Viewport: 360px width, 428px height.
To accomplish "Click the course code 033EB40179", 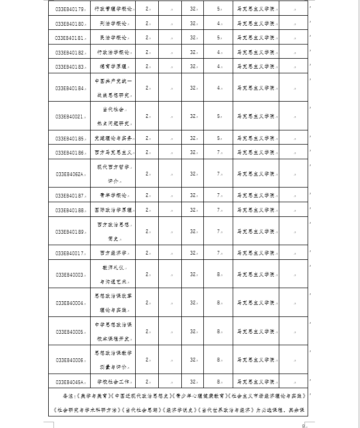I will (x=69, y=9).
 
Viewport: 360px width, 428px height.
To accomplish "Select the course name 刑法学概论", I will (x=113, y=24).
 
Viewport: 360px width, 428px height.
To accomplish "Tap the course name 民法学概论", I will (x=113, y=38).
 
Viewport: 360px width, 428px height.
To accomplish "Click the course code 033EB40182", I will (x=69, y=52).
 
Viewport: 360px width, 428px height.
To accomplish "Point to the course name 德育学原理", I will (x=113, y=66).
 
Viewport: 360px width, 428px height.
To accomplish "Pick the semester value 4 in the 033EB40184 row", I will (x=219, y=87).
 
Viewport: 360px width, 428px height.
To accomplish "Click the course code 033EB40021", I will (x=69, y=116).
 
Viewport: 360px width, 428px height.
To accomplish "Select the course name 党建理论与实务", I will (x=113, y=138).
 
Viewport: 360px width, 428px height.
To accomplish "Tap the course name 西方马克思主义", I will (x=113, y=152).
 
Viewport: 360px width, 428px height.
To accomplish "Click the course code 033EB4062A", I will (x=69, y=173).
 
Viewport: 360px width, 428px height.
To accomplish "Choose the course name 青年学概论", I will (x=113, y=195).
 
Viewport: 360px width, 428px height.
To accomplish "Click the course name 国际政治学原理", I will (x=113, y=209).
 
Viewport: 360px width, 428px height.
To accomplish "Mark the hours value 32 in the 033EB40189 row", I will (x=193, y=231).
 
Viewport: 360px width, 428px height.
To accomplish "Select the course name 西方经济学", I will (x=113, y=253).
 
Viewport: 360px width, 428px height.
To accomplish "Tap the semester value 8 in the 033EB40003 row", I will (x=219, y=274).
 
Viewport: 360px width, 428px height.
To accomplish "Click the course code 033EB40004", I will (x=69, y=303).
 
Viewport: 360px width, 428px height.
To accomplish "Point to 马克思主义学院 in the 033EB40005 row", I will (x=255, y=332).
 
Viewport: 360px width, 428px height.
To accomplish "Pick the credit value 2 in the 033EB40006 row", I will (x=147, y=360).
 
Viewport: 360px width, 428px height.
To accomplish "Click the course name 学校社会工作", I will (x=113, y=381).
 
